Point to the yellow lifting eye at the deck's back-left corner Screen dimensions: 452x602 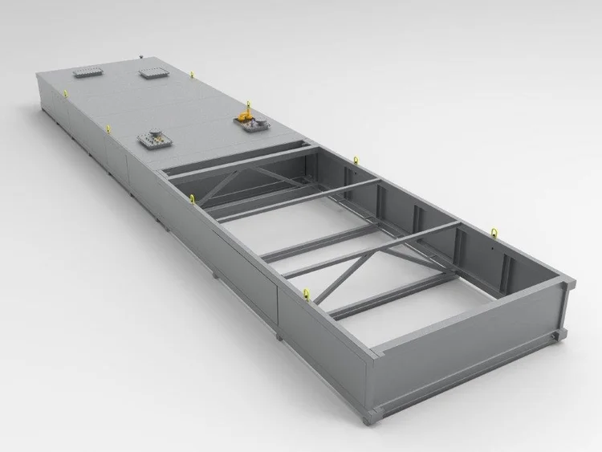pos(65,92)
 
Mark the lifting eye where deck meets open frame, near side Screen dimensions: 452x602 pos(193,198)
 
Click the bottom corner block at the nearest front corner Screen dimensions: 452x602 pos(369,417)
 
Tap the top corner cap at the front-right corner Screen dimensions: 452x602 pos(568,280)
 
